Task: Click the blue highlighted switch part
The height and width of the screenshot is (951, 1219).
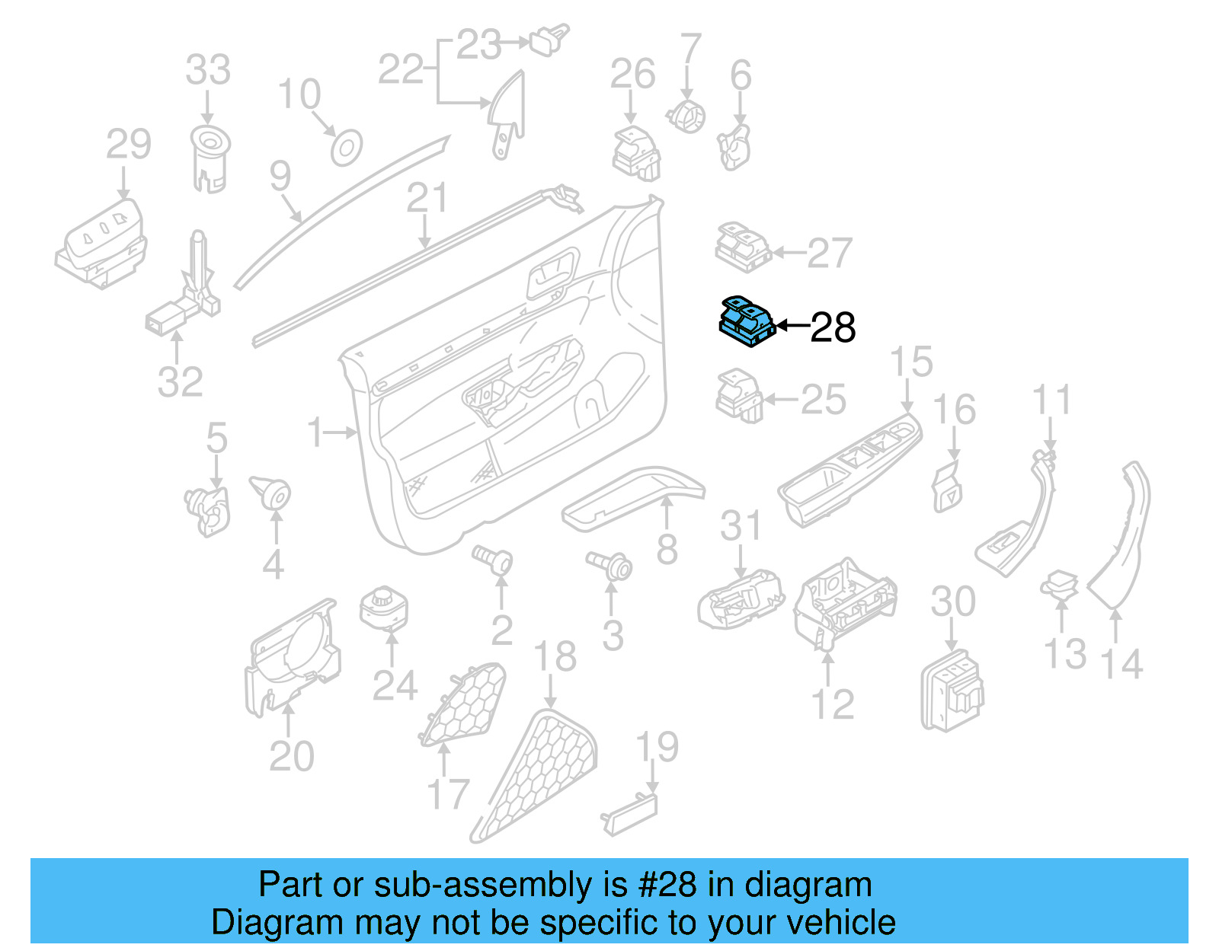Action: pyautogui.click(x=747, y=321)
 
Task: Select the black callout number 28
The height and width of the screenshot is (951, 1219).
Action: pyautogui.click(x=833, y=328)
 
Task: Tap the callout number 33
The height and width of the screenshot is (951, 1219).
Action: pyautogui.click(x=208, y=70)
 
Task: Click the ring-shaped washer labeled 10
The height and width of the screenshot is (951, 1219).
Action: pyautogui.click(x=346, y=148)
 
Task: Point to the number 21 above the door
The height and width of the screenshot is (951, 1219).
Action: pyautogui.click(x=427, y=199)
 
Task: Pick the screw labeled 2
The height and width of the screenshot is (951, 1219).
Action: pyautogui.click(x=493, y=560)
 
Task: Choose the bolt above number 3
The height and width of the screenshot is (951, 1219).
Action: pyautogui.click(x=609, y=564)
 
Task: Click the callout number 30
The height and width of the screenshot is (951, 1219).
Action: pyautogui.click(x=952, y=602)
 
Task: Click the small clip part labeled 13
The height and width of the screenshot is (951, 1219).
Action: pyautogui.click(x=1060, y=585)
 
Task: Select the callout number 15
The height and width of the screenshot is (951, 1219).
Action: pyautogui.click(x=910, y=362)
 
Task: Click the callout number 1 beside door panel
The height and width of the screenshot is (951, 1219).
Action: pyautogui.click(x=315, y=432)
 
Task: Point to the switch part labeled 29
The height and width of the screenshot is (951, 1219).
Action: pyautogui.click(x=101, y=244)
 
